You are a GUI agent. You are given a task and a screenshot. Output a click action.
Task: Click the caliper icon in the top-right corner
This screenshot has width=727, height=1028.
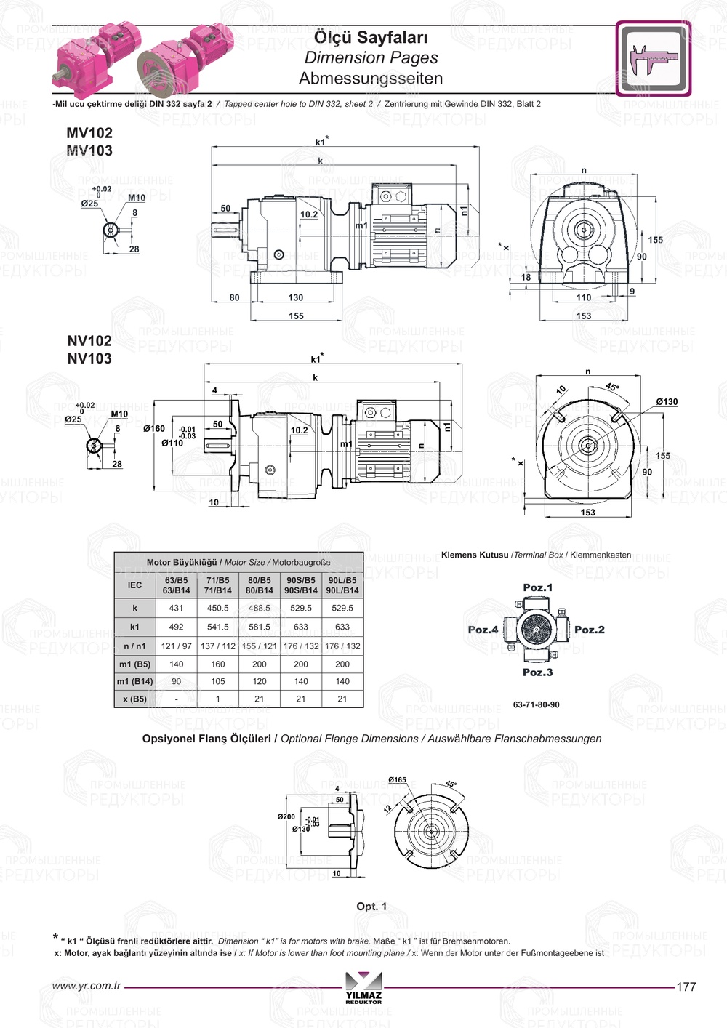coord(653,58)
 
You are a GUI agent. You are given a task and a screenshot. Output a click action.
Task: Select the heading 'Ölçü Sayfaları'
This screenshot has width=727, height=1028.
coord(370,37)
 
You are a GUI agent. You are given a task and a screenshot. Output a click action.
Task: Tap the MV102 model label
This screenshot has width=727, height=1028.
coord(89,133)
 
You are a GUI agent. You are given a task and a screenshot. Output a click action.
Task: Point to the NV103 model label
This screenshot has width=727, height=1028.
coord(89,358)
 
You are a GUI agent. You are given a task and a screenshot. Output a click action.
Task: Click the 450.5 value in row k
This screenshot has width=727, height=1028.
coord(217,608)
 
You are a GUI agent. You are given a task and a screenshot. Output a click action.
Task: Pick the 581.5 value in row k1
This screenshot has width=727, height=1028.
coord(259,627)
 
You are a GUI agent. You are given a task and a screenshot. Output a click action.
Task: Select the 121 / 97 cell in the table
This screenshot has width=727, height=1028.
coord(176,646)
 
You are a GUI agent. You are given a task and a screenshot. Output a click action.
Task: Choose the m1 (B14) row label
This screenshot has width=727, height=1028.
coord(135,682)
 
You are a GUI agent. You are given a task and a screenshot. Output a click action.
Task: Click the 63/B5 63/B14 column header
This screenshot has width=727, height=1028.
coord(176,585)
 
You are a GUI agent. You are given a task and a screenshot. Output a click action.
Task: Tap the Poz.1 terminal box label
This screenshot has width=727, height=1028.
coord(538,587)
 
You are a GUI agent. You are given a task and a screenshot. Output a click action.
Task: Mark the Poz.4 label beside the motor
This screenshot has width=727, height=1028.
coord(483,630)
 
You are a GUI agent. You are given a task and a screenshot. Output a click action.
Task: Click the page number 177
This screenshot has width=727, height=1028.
coord(686,987)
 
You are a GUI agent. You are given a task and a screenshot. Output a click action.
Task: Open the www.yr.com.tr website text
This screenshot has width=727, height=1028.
coord(87,986)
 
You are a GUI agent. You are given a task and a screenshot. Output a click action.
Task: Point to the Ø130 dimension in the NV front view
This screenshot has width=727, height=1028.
coord(666,402)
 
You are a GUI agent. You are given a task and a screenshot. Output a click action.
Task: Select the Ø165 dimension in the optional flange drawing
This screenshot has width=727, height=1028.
coord(398,780)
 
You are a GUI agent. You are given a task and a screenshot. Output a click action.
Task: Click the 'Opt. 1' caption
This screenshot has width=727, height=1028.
coord(371,907)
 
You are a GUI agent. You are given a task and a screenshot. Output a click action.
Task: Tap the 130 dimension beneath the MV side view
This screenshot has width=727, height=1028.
coord(295,297)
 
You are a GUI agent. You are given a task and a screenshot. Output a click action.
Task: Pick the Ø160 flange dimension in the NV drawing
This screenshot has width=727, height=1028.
coord(154,429)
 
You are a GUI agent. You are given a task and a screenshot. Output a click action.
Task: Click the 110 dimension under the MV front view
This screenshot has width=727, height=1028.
coord(584,297)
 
